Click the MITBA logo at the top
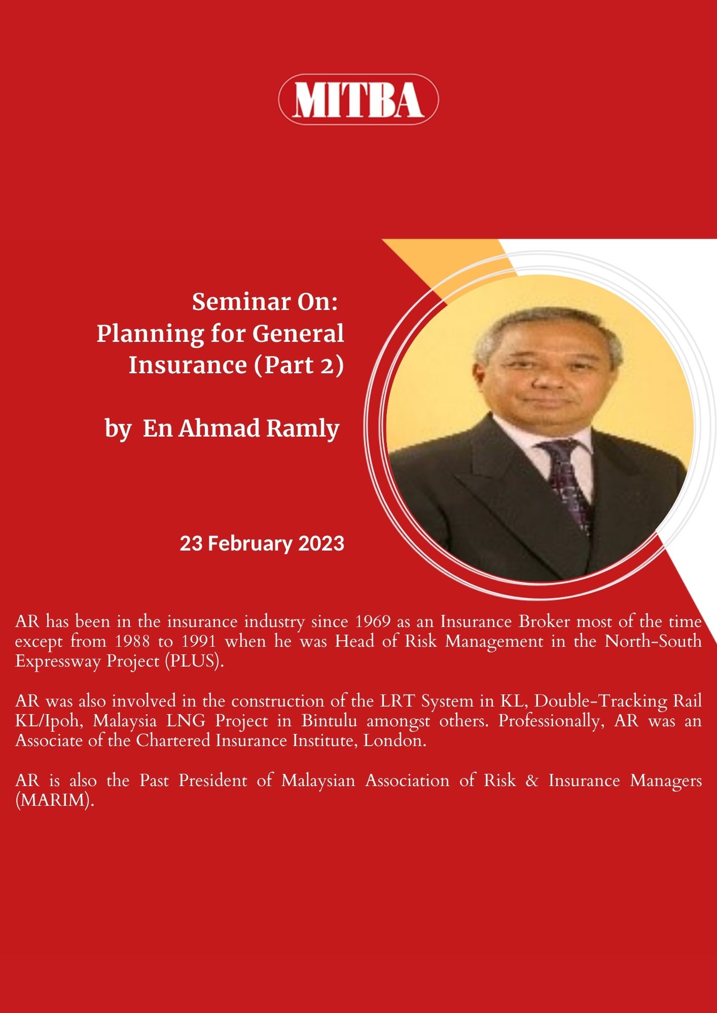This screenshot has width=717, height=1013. point(358,99)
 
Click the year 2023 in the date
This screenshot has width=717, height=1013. point(321,543)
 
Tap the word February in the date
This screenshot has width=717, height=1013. point(250,544)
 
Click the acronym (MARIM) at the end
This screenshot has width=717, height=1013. point(55,801)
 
